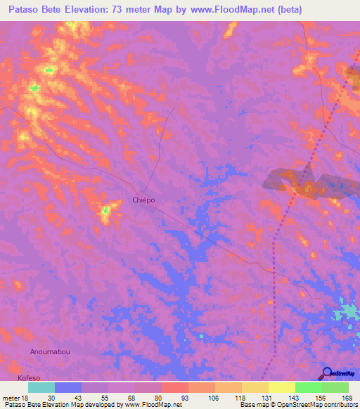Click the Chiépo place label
click(143, 200)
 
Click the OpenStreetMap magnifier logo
click(328, 372)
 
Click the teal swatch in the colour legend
click(41, 387)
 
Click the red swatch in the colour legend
click(174, 387)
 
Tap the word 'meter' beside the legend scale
click(11, 398)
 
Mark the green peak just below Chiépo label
click(105, 209)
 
